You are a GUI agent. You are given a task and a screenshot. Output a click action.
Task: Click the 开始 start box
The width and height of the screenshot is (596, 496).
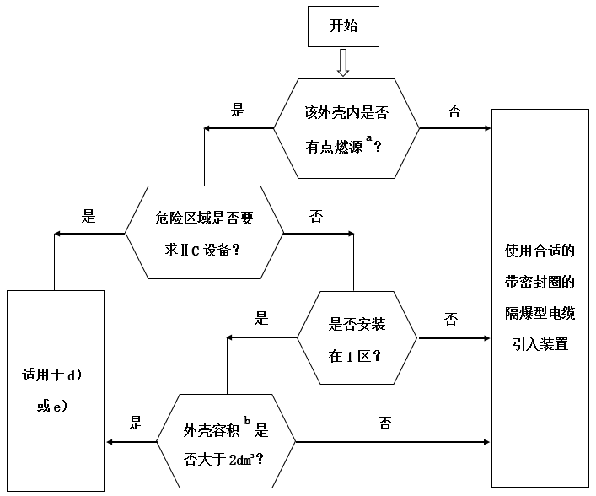click(343, 26)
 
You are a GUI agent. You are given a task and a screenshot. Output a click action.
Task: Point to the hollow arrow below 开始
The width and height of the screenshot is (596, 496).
click(343, 62)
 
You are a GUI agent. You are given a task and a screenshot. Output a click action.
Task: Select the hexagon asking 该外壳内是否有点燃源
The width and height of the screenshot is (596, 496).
click(346, 128)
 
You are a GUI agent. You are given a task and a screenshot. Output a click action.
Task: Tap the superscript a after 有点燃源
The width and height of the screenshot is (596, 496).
click(369, 137)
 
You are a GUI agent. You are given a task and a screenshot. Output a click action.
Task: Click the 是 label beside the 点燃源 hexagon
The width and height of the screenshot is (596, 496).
click(238, 111)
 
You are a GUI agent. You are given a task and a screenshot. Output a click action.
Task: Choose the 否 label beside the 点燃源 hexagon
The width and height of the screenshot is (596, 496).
click(454, 111)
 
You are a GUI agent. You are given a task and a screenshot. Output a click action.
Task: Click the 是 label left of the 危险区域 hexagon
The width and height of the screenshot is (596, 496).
click(89, 216)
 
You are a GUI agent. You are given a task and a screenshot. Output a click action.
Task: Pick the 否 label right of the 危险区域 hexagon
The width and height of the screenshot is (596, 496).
click(317, 216)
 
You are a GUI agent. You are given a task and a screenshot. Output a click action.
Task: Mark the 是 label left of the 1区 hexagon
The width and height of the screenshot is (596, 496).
click(261, 318)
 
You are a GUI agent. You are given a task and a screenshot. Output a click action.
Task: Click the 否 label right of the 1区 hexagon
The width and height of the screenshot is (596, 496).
click(451, 318)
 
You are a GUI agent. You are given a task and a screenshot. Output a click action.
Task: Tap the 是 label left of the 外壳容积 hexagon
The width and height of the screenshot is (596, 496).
click(135, 423)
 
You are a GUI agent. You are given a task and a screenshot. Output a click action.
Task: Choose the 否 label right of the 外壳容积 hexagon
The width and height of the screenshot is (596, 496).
click(385, 423)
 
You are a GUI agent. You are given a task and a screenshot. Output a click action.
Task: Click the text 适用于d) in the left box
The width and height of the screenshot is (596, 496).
click(51, 373)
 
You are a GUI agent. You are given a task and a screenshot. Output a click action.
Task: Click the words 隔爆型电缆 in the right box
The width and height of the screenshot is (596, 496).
click(540, 313)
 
